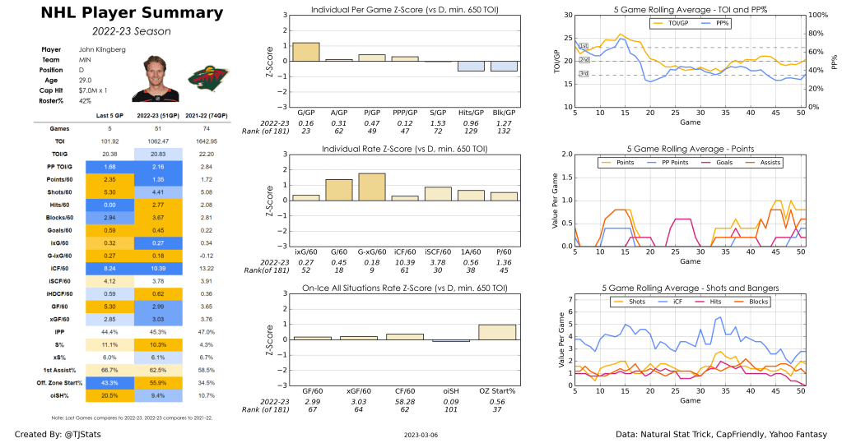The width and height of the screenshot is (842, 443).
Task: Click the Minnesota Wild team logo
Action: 204,79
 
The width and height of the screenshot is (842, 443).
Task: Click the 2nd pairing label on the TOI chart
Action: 584,60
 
